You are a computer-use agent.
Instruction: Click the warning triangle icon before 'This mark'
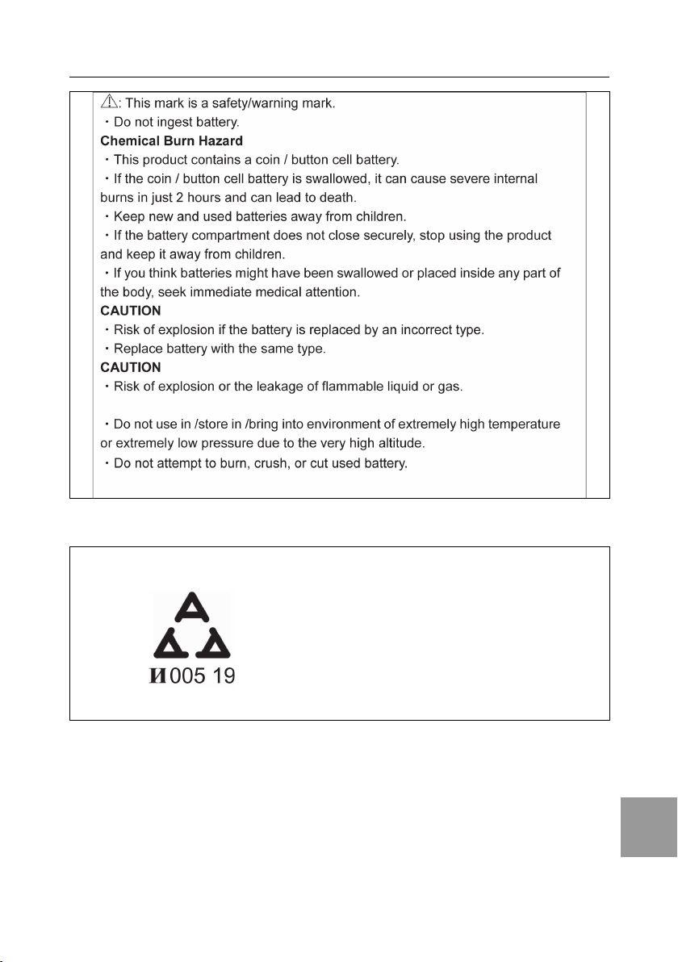click(109, 102)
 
